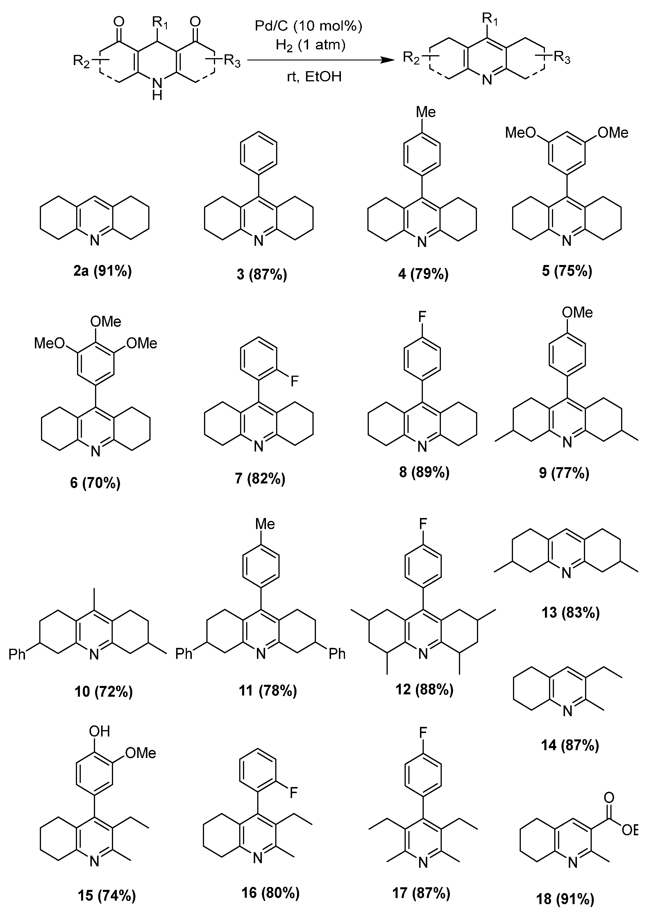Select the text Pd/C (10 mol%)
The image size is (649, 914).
(x=309, y=26)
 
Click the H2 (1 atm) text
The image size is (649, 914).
(x=310, y=44)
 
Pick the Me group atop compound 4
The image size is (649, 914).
(x=425, y=112)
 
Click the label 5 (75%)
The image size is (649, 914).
(x=567, y=271)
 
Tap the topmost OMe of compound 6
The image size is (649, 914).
(x=106, y=321)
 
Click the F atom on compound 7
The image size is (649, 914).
(x=294, y=381)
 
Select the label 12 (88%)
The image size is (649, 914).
(x=424, y=689)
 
